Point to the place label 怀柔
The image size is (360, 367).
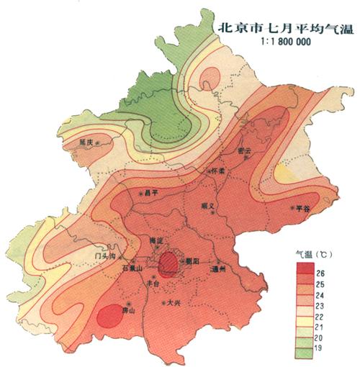coord(219,171)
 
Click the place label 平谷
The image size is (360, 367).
coord(309,208)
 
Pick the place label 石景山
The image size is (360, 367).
coord(135,268)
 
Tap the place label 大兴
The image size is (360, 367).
coord(174,303)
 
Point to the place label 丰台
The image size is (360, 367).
coord(153,283)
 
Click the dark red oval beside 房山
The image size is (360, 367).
coord(109,314)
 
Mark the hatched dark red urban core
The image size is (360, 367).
coord(168,263)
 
